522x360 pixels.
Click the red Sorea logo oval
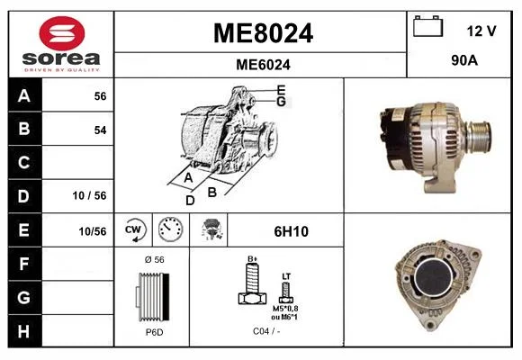62,33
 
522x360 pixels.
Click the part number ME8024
263,33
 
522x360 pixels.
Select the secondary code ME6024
263,65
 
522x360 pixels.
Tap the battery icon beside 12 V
428,26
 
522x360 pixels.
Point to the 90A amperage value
464,60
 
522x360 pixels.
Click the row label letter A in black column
24,96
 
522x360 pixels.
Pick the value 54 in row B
100,130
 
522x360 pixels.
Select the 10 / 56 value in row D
89,195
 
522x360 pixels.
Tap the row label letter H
24,331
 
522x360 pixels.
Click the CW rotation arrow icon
133,229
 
